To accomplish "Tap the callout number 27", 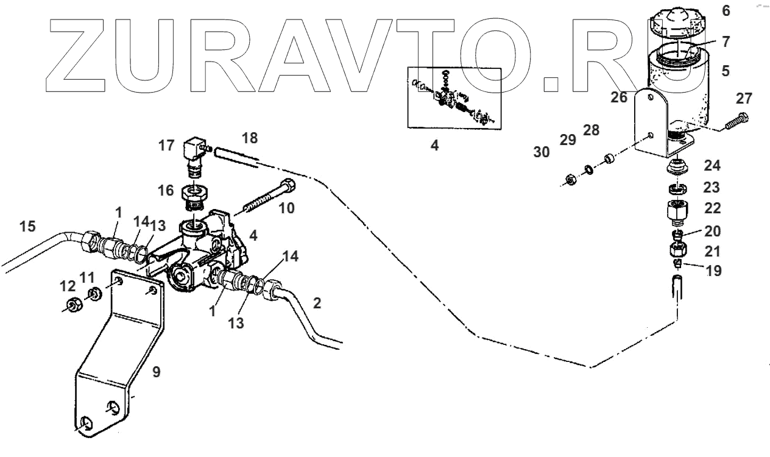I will point(744,98).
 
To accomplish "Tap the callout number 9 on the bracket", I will point(156,372).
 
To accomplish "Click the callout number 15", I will point(27,227).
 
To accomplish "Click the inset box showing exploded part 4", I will point(453,97).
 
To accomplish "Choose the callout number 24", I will point(712,165).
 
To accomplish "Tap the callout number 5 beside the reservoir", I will point(725,71).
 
